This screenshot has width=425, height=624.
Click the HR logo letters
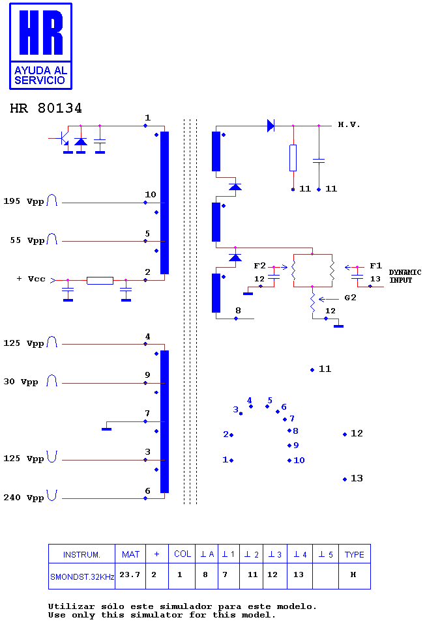pos(41,32)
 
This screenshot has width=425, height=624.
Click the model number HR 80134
pos(46,108)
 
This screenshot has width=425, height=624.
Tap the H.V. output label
pos(349,124)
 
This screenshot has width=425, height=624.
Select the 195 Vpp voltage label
pos(23,201)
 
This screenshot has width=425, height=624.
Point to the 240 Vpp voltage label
pos(23,498)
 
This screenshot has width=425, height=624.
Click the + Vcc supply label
pos(31,279)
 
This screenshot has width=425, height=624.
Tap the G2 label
pos(350,298)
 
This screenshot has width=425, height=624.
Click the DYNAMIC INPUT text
pos(405,276)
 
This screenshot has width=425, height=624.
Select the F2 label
pos(259,266)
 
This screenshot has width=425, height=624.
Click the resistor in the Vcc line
pos(100,281)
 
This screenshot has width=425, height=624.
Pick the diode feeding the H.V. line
pos(271,126)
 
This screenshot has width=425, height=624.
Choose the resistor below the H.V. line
pos(293,158)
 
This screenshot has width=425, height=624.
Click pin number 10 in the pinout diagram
pos(296,460)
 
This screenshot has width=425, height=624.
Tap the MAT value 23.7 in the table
pos(130,574)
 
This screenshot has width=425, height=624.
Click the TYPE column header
pos(355,555)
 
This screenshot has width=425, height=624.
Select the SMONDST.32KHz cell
pos(82,576)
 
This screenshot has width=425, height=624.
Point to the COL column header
pos(183,554)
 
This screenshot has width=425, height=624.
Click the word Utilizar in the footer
pos(71,606)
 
